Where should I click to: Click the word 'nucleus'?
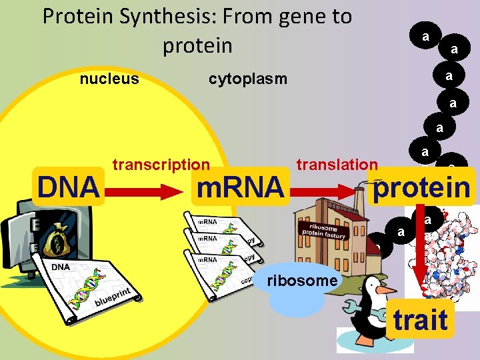[109, 79]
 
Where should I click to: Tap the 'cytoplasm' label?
[247, 79]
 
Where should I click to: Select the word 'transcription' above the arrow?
[161, 165]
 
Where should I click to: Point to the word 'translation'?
[337, 165]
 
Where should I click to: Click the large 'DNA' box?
[69, 187]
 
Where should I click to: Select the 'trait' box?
[420, 319]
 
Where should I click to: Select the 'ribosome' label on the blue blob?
[302, 281]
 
